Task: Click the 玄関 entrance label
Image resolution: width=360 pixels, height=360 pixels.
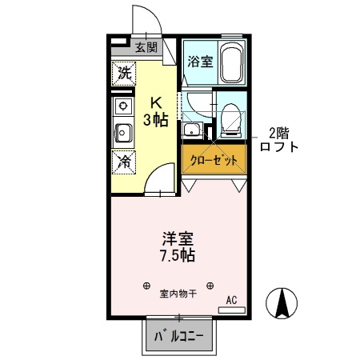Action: pos(146,47)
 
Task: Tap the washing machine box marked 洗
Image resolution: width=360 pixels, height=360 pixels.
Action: pos(123,73)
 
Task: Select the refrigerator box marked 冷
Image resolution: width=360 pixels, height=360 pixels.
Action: pos(123,161)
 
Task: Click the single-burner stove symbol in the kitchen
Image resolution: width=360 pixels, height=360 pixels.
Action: pos(123,106)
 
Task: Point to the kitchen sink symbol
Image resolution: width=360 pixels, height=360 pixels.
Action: pos(123,131)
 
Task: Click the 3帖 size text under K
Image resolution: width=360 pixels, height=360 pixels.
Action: pos(156,120)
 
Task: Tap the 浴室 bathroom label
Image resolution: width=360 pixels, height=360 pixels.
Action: pos(199,61)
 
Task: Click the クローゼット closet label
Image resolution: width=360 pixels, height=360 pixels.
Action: pos(214,160)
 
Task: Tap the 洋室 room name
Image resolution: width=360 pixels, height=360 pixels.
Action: pos(178,238)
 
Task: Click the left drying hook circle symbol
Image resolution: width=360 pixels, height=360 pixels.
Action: pos(146,285)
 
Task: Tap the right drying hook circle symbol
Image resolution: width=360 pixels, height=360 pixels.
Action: pos(210,285)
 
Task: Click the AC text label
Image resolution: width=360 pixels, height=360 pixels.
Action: pos(231,300)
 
